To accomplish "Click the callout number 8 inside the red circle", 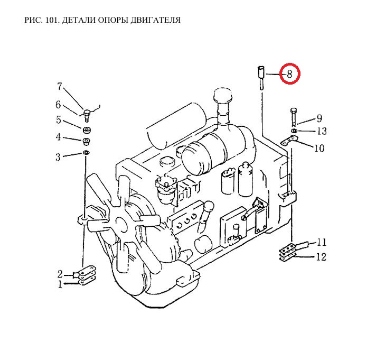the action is click(x=290, y=74).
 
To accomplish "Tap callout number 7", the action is click(x=60, y=87).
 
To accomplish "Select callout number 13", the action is click(x=322, y=131).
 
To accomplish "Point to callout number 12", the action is click(x=321, y=257).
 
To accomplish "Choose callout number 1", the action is click(x=60, y=284).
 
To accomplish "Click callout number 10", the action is click(x=319, y=149).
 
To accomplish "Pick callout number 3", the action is click(x=58, y=157).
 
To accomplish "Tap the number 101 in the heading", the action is click(x=52, y=20).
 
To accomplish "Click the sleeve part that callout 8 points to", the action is click(x=261, y=78).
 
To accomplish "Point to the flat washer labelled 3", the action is click(x=86, y=152).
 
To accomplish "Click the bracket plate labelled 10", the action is click(x=289, y=140).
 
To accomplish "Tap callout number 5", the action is click(x=59, y=119).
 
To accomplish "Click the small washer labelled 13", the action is click(x=294, y=131).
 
